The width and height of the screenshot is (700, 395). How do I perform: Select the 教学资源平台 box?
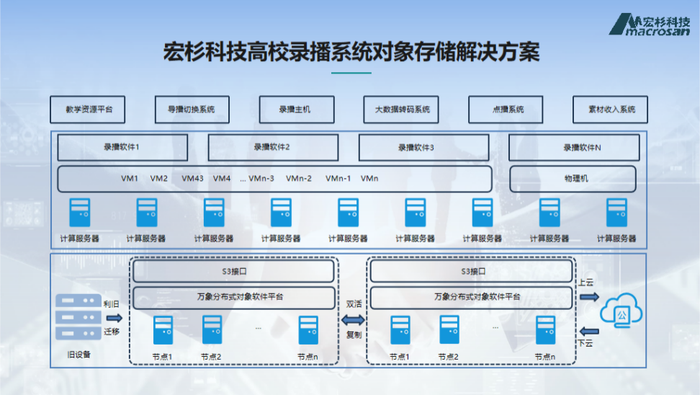[89, 110]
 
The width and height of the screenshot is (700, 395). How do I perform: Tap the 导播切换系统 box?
[192, 110]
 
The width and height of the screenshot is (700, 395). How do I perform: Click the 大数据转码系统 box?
[402, 110]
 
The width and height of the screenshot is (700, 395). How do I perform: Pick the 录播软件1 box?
[122, 148]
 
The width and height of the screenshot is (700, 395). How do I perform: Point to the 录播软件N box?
[574, 148]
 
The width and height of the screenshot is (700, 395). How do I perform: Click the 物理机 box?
[573, 179]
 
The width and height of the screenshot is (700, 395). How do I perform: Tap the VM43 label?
[192, 179]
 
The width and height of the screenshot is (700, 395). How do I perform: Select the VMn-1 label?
[338, 179]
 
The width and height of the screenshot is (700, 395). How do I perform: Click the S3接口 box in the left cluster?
[234, 272]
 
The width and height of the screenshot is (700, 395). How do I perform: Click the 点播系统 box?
[507, 110]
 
